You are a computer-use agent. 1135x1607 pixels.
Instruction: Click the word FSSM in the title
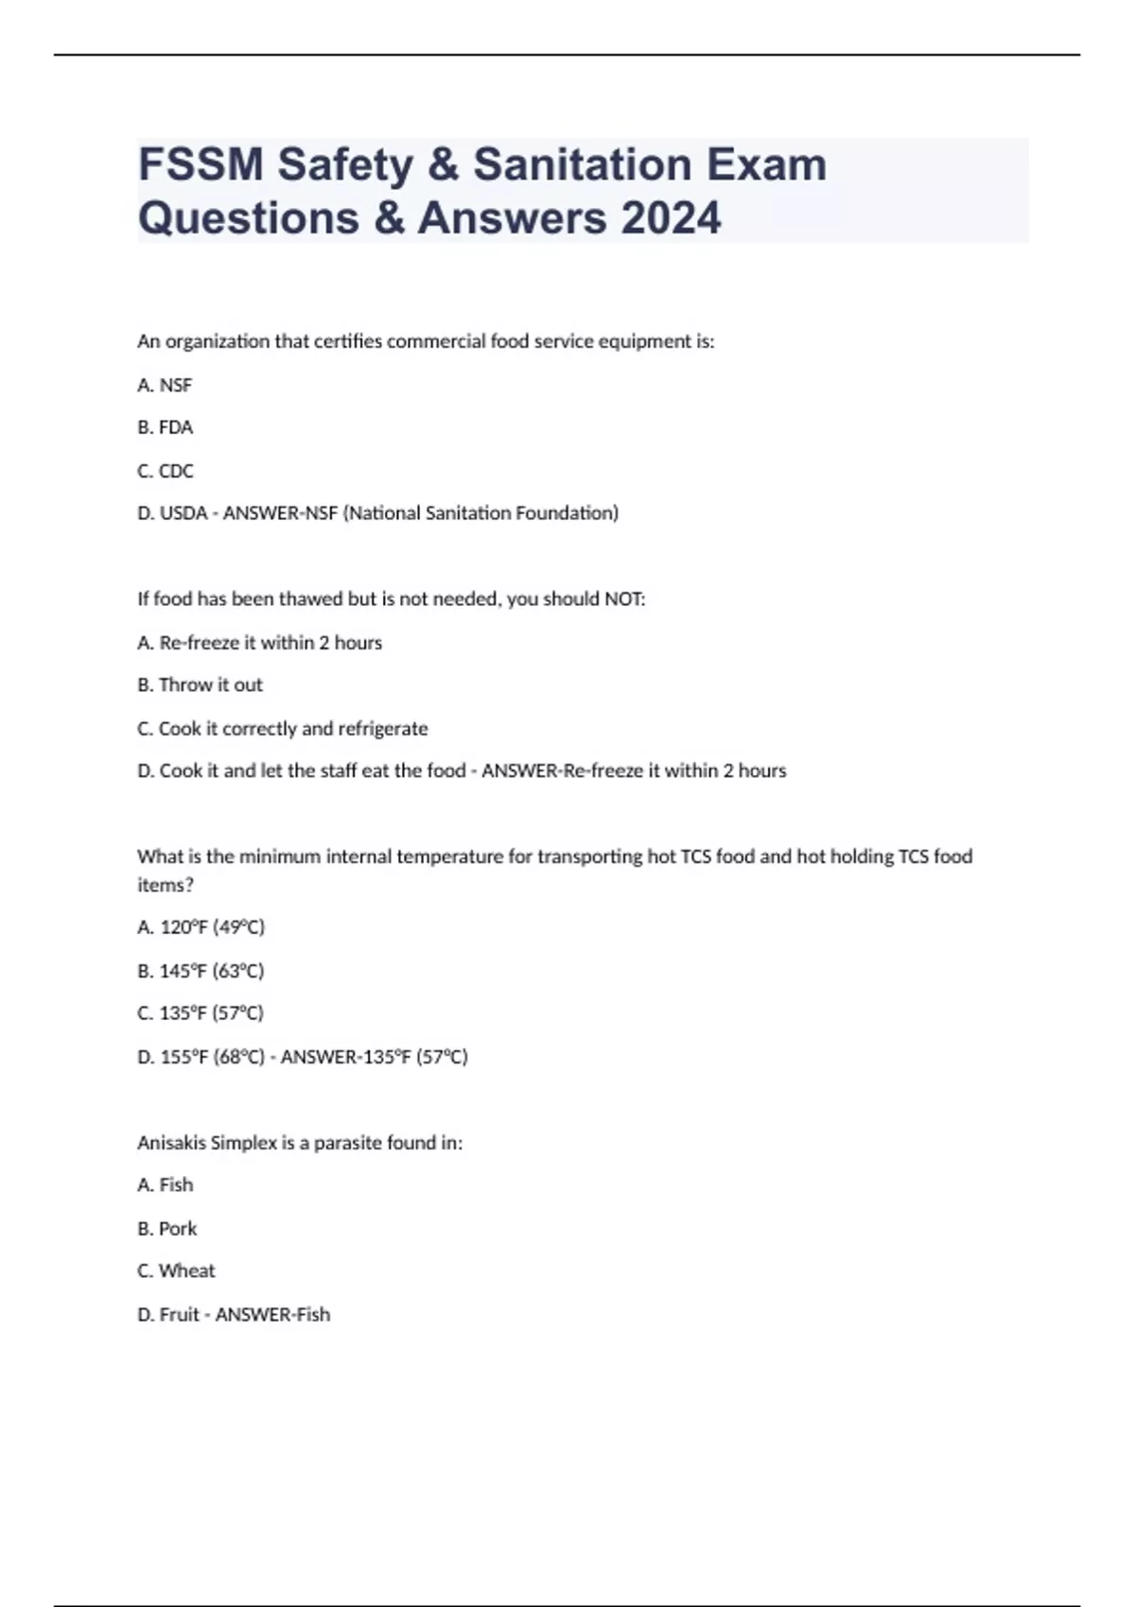pos(201,164)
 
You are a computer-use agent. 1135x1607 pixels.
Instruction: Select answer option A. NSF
pos(165,385)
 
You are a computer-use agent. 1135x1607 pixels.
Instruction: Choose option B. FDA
pos(165,427)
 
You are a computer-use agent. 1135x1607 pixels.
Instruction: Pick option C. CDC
pos(165,471)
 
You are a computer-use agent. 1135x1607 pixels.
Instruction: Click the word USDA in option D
pos(183,513)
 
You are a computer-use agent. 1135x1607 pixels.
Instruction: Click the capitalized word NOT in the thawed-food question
pos(623,598)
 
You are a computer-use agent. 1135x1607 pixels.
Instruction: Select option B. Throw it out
pos(200,684)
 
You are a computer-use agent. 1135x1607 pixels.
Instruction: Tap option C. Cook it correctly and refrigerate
pos(282,728)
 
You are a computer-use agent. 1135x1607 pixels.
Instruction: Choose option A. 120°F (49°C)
pos(201,926)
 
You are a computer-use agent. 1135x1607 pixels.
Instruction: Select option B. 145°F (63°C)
pos(201,970)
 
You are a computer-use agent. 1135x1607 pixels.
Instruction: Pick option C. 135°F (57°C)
pos(201,1012)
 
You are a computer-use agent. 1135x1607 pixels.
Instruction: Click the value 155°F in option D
pos(183,1056)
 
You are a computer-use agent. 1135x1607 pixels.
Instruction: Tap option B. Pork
pos(166,1228)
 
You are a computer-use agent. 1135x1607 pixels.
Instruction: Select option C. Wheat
pos(176,1270)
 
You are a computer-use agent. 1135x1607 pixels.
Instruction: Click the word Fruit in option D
pos(179,1314)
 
